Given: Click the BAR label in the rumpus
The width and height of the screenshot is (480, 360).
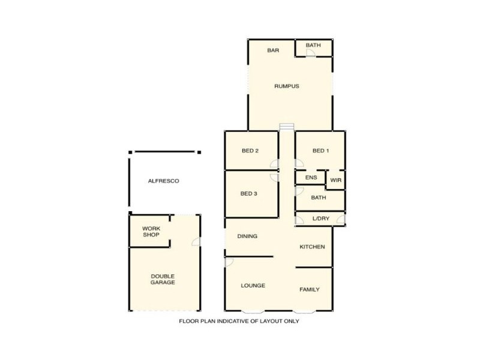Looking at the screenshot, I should tap(273, 50).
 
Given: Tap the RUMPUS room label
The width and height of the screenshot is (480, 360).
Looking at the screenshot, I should tap(287, 86).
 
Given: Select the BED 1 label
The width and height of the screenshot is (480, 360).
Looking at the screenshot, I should tap(320, 151).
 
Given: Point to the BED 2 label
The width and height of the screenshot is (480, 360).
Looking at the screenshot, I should tap(250, 151).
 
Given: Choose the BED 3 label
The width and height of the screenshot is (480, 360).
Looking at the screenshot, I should tap(248, 193).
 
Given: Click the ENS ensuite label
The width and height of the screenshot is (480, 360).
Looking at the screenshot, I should tap(311, 178).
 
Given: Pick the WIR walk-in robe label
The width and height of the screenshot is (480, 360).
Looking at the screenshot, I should tap(335, 179).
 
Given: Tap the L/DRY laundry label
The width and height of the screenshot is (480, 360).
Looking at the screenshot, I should tap(321, 218).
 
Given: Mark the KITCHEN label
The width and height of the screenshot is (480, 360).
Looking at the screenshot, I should tap(312, 247).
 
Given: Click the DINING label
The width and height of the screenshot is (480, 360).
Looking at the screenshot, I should tap(247, 236).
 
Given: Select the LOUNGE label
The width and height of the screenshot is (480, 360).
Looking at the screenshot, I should tap(253, 286).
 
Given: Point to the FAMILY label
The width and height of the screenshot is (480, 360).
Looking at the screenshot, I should tap(310, 289).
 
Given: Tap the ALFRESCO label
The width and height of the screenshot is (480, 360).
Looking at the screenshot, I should tap(164, 181).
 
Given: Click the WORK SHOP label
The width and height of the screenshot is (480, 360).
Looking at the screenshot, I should tap(151, 232).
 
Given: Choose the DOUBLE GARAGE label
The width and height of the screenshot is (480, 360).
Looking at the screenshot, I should tap(163, 279).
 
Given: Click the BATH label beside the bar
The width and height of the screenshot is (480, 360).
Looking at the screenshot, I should tap(313, 45).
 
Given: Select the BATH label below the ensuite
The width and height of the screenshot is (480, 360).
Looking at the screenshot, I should tap(319, 197).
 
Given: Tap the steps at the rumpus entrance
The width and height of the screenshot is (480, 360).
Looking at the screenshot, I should tap(287, 127).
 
